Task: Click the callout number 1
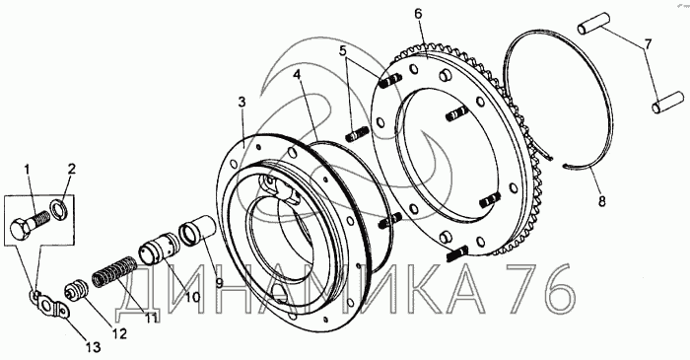pyautogui.click(x=27, y=170)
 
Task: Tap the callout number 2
pyautogui.click(x=71, y=169)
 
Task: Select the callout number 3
pyautogui.click(x=241, y=103)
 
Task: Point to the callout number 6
pyautogui.click(x=418, y=14)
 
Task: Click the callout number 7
pyautogui.click(x=648, y=44)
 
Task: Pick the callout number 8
pyautogui.click(x=601, y=201)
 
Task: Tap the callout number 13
pyautogui.click(x=93, y=347)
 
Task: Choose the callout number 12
pyautogui.click(x=119, y=333)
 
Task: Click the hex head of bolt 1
pyautogui.click(x=21, y=229)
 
